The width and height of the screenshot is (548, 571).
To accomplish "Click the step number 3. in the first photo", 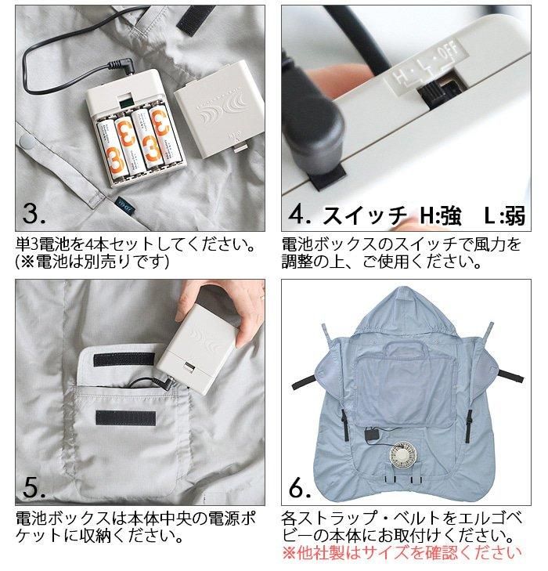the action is pyautogui.click(x=34, y=213).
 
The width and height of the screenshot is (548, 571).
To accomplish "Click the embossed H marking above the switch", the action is pyautogui.click(x=400, y=78).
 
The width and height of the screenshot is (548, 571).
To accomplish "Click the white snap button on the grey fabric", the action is pyautogui.click(x=27, y=141).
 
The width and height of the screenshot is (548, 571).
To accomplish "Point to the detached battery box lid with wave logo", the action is pyautogui.click(x=219, y=110).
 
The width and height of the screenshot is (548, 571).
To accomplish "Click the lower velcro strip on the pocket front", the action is pyautogui.click(x=126, y=418).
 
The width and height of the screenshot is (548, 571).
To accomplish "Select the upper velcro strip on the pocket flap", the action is pyautogui.click(x=124, y=359).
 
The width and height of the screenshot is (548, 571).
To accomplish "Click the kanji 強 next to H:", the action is pyautogui.click(x=450, y=215).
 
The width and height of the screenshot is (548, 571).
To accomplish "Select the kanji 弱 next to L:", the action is pyautogui.click(x=514, y=215).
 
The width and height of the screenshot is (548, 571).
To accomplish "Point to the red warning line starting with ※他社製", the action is pyautogui.click(x=402, y=553).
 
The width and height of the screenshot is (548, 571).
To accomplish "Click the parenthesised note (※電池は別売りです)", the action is pyautogui.click(x=92, y=262).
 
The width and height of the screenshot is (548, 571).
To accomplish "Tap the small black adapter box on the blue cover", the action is pyautogui.click(x=372, y=435).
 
